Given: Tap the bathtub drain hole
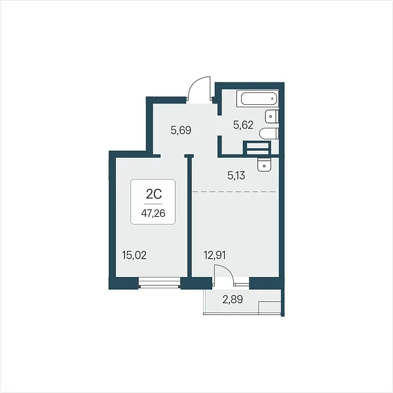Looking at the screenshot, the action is pyautogui.click(x=272, y=98).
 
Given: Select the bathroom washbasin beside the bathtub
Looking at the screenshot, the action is pyautogui.click(x=272, y=116).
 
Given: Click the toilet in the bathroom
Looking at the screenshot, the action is pyautogui.click(x=269, y=134).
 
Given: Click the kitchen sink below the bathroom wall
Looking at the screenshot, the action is pyautogui.click(x=264, y=164).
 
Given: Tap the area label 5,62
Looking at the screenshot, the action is pyautogui.click(x=243, y=125).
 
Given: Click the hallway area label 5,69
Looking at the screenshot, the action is pyautogui.click(x=181, y=130).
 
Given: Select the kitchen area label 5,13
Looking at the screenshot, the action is pyautogui.click(x=236, y=176).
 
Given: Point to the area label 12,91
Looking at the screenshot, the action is pyautogui.click(x=214, y=255).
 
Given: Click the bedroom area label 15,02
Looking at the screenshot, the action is pyautogui.click(x=134, y=255).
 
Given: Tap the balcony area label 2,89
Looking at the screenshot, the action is pyautogui.click(x=233, y=299).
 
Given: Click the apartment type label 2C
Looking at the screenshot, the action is pyautogui.click(x=153, y=195).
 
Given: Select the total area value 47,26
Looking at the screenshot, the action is pyautogui.click(x=153, y=214).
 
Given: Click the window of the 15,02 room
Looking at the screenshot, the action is pyautogui.click(x=159, y=283).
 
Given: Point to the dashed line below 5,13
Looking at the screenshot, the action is pyautogui.click(x=234, y=191).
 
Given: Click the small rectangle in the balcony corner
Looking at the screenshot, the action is pyautogui.click(x=269, y=307).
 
